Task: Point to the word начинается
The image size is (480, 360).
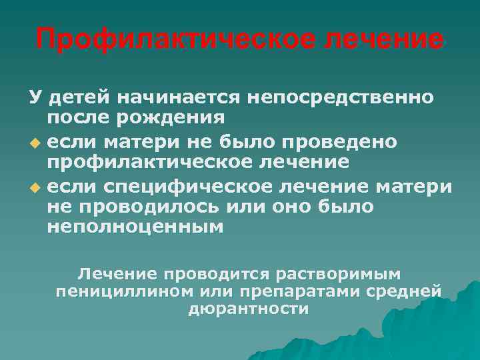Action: point(177,98)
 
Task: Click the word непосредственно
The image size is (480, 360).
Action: point(341,98)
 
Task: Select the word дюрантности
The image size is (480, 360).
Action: point(249,309)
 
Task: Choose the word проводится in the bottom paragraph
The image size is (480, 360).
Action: point(224,273)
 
